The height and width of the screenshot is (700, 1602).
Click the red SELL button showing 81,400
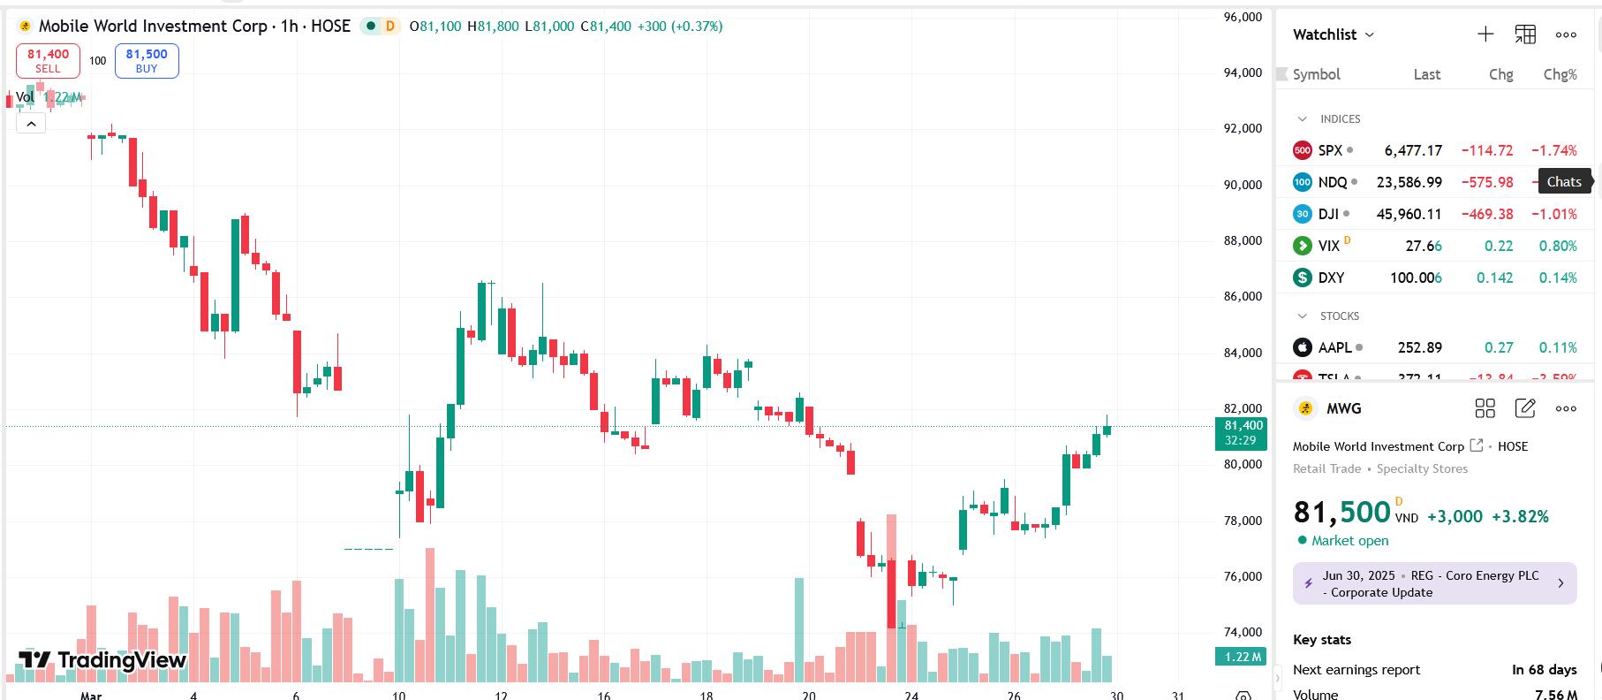[48, 60]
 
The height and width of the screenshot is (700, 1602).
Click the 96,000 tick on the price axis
[1243, 17]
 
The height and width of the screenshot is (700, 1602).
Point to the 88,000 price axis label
[1243, 240]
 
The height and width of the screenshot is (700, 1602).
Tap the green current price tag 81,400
[1241, 432]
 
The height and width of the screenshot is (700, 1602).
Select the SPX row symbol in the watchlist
[1329, 150]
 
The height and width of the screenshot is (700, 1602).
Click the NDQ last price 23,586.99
[1409, 182]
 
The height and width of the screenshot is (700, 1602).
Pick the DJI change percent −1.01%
[1553, 214]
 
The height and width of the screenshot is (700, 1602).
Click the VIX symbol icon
[1302, 246]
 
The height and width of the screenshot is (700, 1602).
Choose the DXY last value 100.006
[1416, 278]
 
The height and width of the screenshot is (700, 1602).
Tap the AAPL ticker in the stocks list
[1334, 347]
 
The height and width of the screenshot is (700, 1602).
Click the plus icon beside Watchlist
[1485, 34]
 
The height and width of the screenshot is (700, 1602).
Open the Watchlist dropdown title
[1333, 34]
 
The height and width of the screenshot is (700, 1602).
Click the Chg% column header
[1560, 74]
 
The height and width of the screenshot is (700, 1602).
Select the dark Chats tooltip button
[1564, 182]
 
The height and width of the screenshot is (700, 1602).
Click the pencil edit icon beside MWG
[1525, 408]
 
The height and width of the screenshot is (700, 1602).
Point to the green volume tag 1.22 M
[1241, 657]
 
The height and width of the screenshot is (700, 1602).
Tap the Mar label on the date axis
[91, 695]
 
